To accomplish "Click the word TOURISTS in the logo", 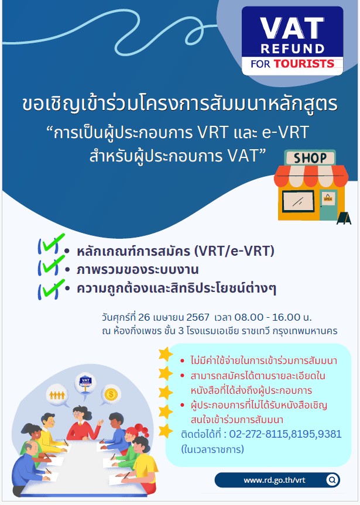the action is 304,63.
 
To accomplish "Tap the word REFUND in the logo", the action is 293,49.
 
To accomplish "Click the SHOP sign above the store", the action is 310,158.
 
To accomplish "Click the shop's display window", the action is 298,201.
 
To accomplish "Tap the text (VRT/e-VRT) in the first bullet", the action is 235,251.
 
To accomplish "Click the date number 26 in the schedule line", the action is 144,317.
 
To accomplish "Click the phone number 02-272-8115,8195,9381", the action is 285,434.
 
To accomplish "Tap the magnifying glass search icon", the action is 332,480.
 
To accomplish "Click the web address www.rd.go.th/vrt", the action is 275,480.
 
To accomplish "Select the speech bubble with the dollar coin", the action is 111,395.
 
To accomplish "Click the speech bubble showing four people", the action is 57,395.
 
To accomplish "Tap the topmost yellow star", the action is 166,354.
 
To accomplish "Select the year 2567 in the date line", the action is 198,317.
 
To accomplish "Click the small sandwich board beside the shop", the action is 344,218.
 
